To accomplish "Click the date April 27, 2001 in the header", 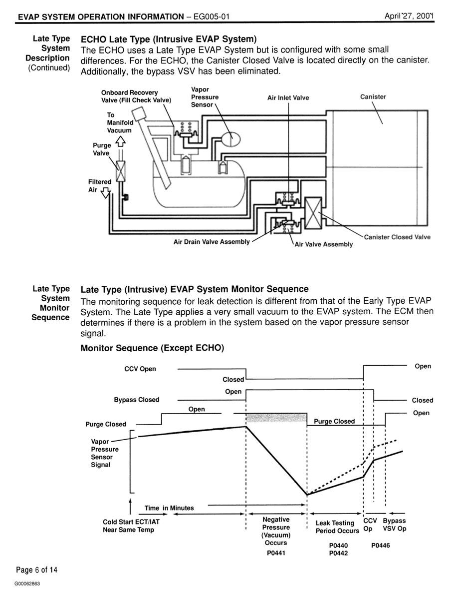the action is pyautogui.click(x=409, y=16).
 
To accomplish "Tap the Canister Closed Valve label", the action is pyautogui.click(x=397, y=237).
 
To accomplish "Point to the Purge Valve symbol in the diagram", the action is pyautogui.click(x=121, y=170).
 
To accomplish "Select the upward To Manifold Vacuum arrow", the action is pyautogui.click(x=120, y=142).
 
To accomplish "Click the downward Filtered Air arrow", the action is pyautogui.click(x=105, y=193).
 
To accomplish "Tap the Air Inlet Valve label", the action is pyautogui.click(x=288, y=97).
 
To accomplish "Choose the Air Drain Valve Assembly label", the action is pyautogui.click(x=212, y=242).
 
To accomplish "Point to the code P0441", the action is pyautogui.click(x=276, y=553).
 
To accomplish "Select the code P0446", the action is pyautogui.click(x=381, y=546).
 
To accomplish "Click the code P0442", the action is pyautogui.click(x=339, y=553).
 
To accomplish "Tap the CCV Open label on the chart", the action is pyautogui.click(x=140, y=369).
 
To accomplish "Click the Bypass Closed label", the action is pyautogui.click(x=136, y=400).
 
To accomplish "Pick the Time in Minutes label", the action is pyautogui.click(x=169, y=508).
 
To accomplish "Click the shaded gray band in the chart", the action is pyautogui.click(x=276, y=417).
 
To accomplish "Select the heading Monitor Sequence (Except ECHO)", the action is pyautogui.click(x=152, y=348).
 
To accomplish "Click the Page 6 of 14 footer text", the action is pyautogui.click(x=36, y=570).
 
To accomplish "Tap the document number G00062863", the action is pyautogui.click(x=27, y=584).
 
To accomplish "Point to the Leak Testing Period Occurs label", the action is pyautogui.click(x=337, y=527).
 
